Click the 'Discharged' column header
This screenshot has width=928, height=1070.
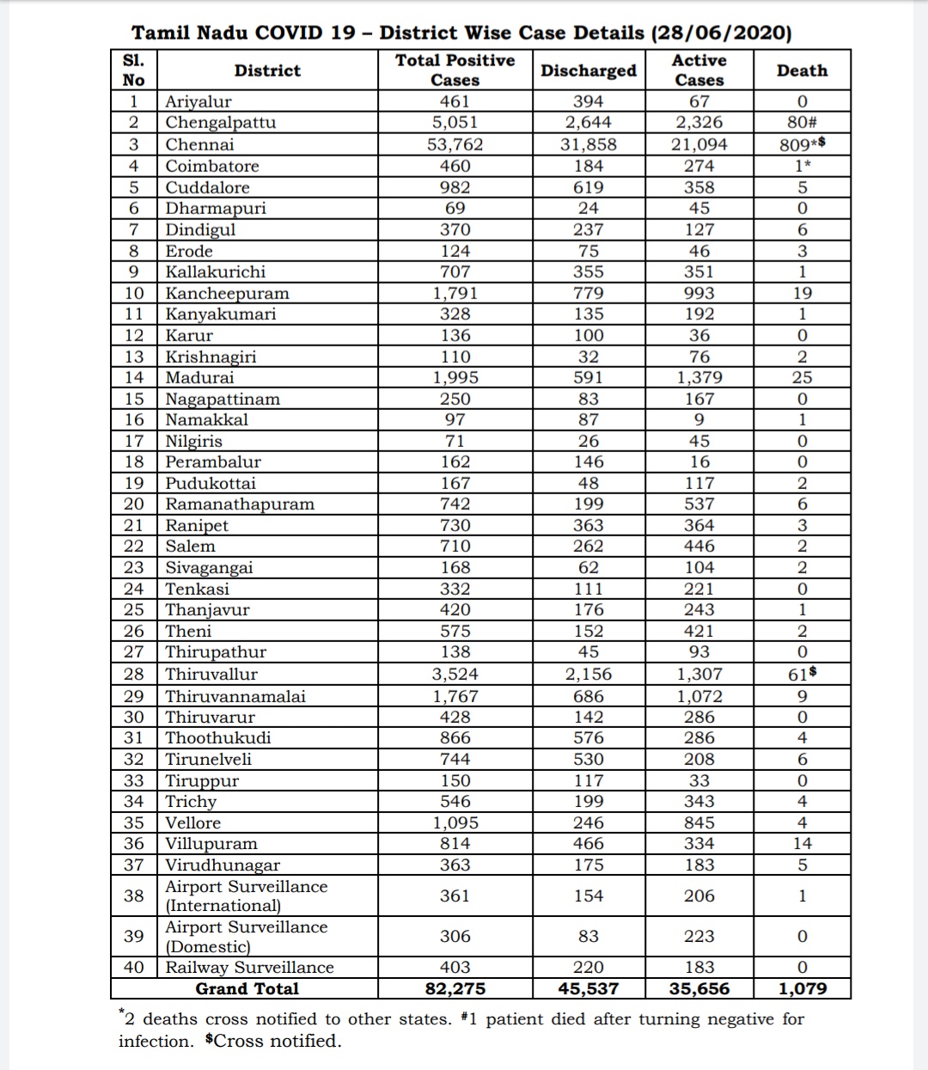[x=588, y=70]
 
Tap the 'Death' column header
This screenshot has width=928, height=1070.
[x=802, y=70]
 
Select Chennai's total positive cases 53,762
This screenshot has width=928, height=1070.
[x=455, y=144]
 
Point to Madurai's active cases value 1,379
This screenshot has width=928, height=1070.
[x=699, y=377]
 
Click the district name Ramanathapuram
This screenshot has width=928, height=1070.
[x=240, y=504]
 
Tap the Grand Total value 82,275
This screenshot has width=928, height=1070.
[x=455, y=988]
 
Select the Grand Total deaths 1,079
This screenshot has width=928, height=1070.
[x=802, y=988]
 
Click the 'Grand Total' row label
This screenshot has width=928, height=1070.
[x=247, y=988]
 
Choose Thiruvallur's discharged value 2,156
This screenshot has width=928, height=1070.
[x=588, y=674]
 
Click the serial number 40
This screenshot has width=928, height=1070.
[x=134, y=967]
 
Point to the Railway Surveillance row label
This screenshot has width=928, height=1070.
[x=249, y=967]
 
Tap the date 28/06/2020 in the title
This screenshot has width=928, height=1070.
[x=721, y=33]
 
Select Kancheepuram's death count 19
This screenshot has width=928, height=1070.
[x=802, y=293]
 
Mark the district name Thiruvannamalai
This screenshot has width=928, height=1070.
[x=235, y=696]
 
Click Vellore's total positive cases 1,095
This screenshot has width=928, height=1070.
[x=455, y=822]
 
